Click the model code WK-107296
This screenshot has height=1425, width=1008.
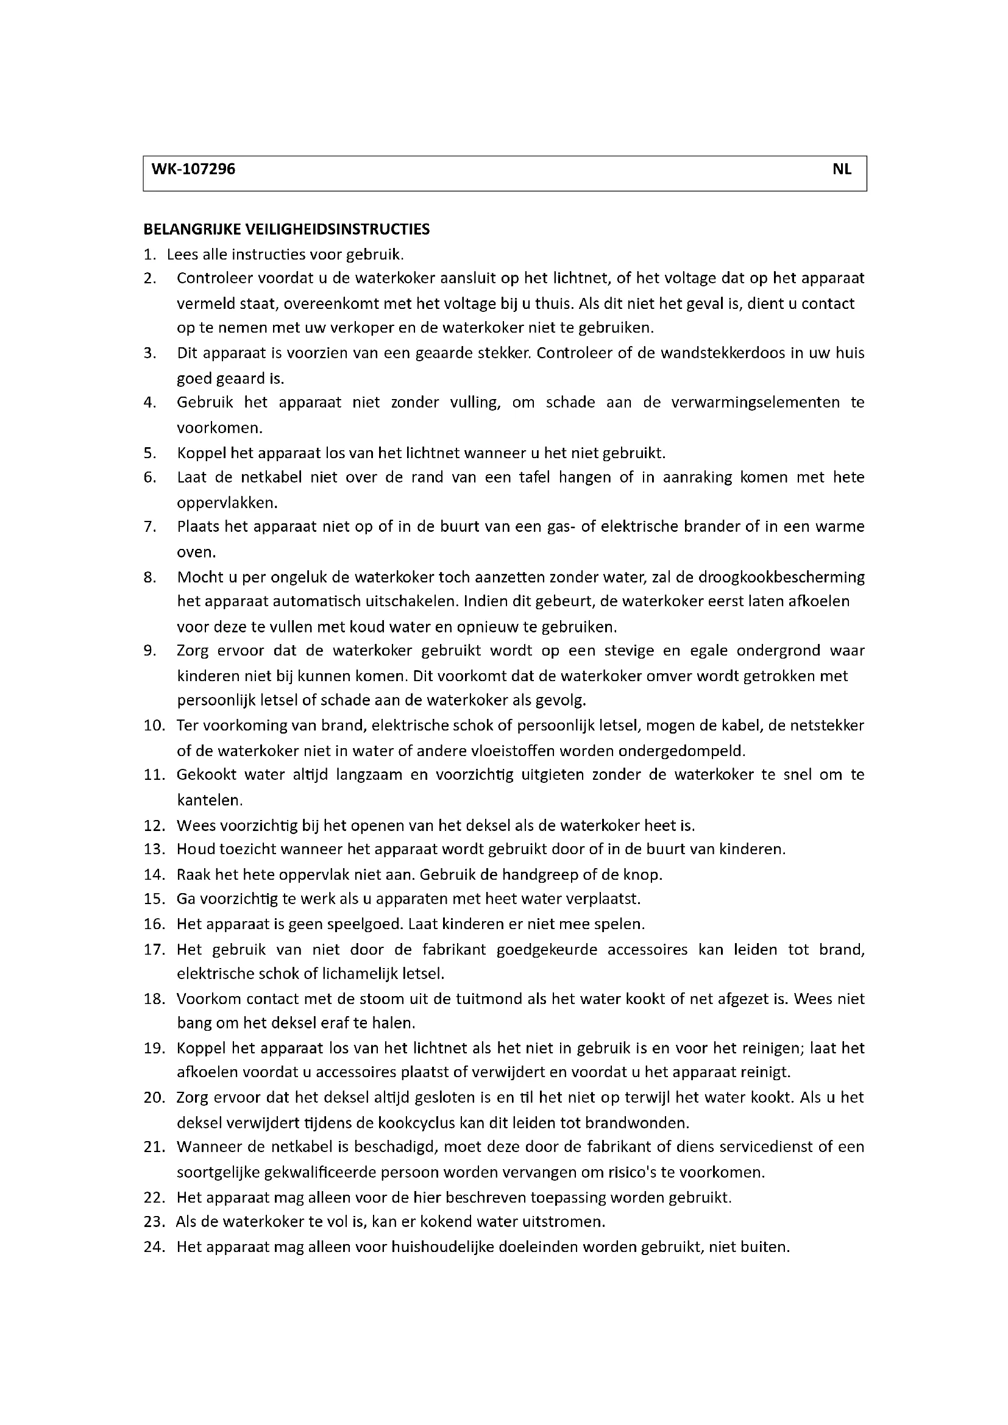(190, 169)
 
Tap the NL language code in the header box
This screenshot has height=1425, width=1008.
(842, 169)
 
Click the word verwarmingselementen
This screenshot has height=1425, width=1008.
(755, 403)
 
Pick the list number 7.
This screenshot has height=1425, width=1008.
(149, 527)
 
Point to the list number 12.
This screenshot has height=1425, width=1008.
(154, 826)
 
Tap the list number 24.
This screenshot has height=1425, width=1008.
(154, 1247)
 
